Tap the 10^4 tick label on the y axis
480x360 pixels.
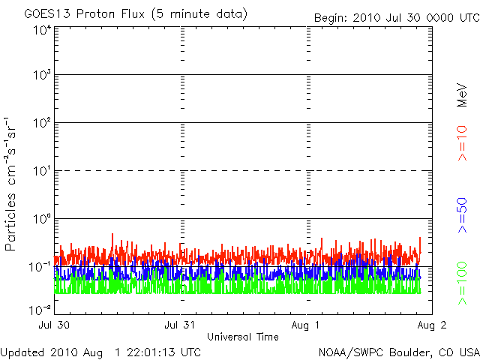pyautogui.click(x=40, y=30)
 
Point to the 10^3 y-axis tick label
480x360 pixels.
pyautogui.click(x=40, y=76)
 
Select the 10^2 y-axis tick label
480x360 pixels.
pyautogui.click(x=40, y=124)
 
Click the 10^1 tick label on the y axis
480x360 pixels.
pyautogui.click(x=40, y=172)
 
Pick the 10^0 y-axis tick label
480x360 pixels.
pyautogui.click(x=40, y=219)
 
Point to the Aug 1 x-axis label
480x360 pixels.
pyautogui.click(x=306, y=326)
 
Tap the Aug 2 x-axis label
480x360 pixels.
pyautogui.click(x=432, y=326)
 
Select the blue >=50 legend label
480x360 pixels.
pyautogui.click(x=463, y=214)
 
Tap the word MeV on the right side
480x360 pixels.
pyautogui.click(x=463, y=94)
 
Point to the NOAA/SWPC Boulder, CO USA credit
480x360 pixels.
pyautogui.click(x=398, y=352)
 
